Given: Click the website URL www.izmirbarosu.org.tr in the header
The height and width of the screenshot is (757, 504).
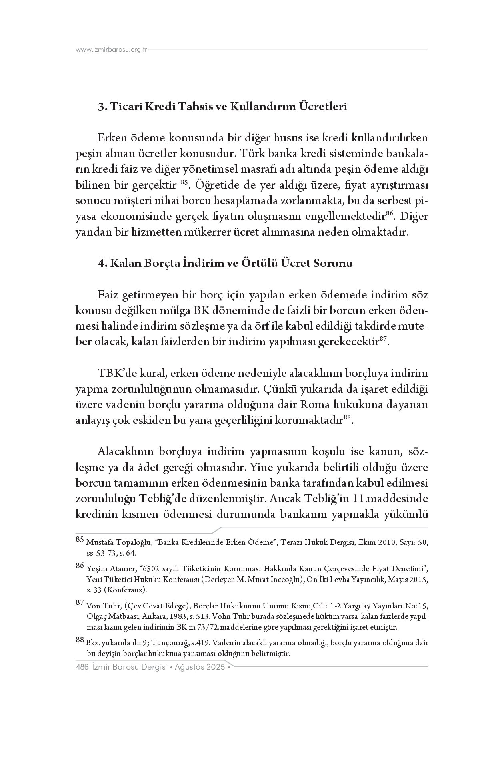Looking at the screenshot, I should (112, 50).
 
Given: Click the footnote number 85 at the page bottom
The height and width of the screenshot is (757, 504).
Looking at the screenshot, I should (80, 540).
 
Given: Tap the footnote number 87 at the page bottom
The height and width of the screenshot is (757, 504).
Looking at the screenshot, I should (80, 602).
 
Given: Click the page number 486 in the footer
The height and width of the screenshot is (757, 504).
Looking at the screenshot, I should (82, 667).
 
